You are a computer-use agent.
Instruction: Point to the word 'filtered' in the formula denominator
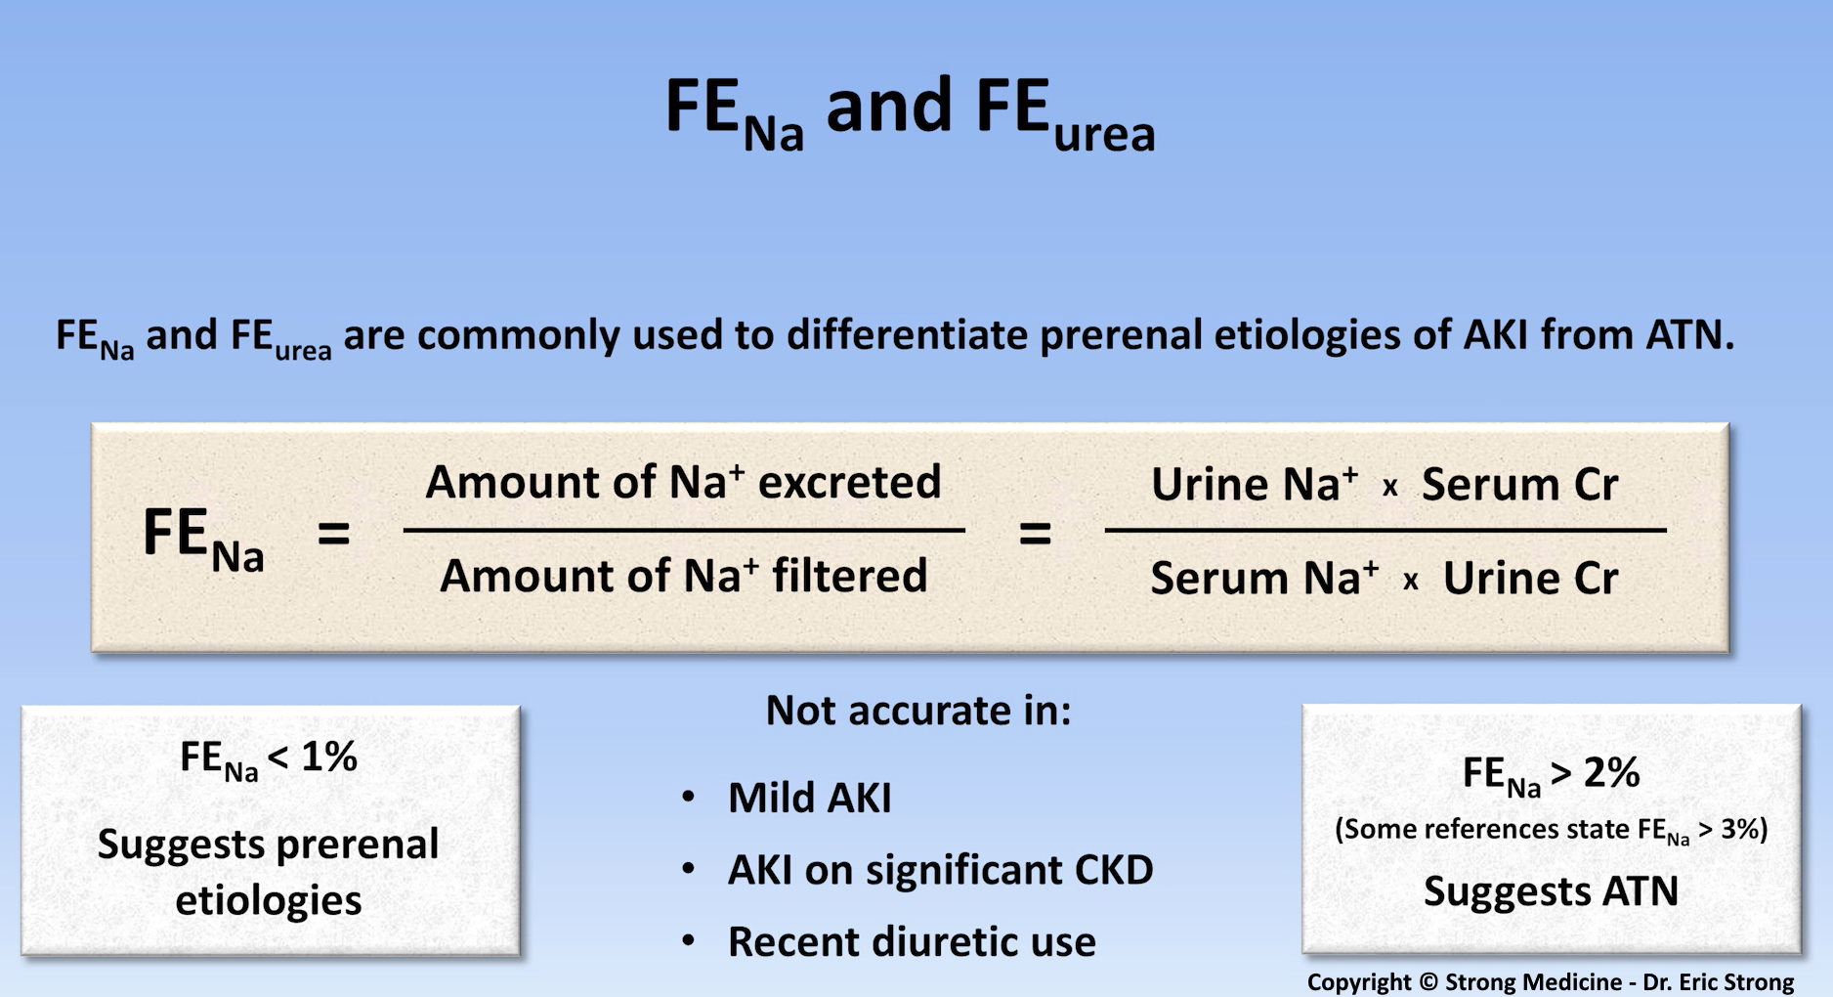click(x=849, y=575)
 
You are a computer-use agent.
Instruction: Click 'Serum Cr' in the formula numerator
click(x=1519, y=485)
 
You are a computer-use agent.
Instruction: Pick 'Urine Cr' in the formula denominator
click(x=1530, y=578)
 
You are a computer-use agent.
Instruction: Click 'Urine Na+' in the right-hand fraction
click(x=1255, y=484)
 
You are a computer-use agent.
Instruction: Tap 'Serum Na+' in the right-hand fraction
click(x=1264, y=578)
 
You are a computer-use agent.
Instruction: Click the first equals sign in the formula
click(x=333, y=534)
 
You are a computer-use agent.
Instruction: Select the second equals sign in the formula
click(x=1035, y=534)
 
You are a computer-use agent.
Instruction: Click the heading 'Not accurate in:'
click(x=918, y=711)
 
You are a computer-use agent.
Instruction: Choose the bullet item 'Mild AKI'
click(x=809, y=798)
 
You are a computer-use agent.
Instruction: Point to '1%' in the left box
click(x=329, y=757)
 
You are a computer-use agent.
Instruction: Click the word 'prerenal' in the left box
click(x=358, y=845)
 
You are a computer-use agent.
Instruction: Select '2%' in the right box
click(x=1611, y=772)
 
